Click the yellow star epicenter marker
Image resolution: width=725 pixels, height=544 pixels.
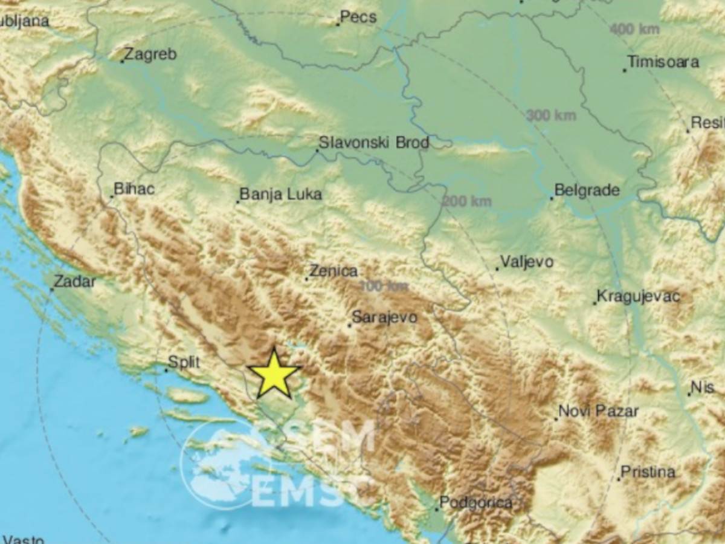[274, 374]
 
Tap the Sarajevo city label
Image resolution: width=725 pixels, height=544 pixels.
[384, 317]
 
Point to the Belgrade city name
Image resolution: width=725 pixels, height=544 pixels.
[587, 190]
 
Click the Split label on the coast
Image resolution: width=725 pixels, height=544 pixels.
[184, 362]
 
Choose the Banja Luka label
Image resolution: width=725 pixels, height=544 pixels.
[280, 195]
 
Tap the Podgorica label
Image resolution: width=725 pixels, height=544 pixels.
[475, 502]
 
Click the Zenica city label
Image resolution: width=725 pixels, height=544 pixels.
[333, 272]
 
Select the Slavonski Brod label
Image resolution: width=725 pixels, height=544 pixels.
[373, 143]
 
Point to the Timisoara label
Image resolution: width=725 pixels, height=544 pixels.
[663, 62]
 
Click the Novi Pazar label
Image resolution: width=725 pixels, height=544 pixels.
[598, 412]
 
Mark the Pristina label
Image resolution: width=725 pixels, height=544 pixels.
[648, 472]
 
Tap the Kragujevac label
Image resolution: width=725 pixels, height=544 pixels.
[638, 297]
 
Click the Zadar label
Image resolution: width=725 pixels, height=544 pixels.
[74, 281]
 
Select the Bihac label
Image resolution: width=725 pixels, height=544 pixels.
[134, 189]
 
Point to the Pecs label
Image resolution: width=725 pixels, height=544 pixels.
[358, 17]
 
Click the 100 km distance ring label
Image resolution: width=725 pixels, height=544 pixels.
[384, 287]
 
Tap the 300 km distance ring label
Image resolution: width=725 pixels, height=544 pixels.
[551, 115]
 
